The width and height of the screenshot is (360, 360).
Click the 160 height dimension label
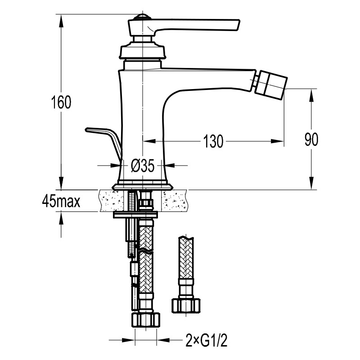(x=61, y=102)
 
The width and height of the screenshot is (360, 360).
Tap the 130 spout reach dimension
(x=213, y=141)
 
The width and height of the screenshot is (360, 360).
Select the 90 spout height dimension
(x=311, y=139)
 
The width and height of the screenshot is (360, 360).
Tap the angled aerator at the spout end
(x=271, y=85)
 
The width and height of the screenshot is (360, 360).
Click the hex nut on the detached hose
(x=186, y=306)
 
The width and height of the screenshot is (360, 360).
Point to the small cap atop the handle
(x=143, y=18)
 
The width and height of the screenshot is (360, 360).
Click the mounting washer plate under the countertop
(x=136, y=215)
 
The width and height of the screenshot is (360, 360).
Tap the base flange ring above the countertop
(x=142, y=186)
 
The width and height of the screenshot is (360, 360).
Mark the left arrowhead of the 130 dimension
(x=150, y=141)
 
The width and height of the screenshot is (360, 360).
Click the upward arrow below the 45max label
(x=61, y=225)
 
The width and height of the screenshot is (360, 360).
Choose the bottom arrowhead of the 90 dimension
(x=311, y=183)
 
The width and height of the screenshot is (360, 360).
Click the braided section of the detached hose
(x=186, y=257)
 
